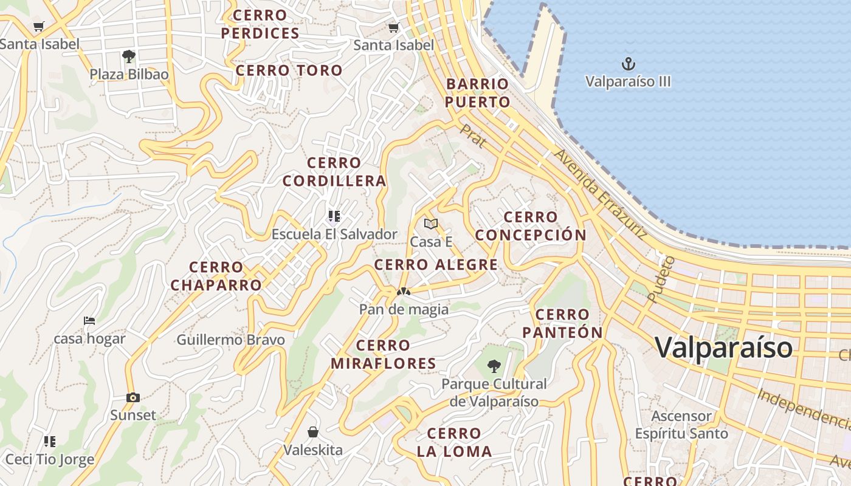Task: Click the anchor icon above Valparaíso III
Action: click(x=628, y=63)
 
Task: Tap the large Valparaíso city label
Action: click(x=724, y=347)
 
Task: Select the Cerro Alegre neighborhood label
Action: click(x=436, y=265)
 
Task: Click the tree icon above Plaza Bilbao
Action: click(x=128, y=56)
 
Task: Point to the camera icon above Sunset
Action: click(x=133, y=397)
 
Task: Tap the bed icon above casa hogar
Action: click(x=89, y=321)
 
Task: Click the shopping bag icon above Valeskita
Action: click(x=313, y=432)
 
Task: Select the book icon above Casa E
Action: click(x=431, y=224)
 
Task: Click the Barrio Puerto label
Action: click(x=477, y=93)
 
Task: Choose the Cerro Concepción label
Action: click(x=531, y=226)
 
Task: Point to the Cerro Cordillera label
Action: click(x=334, y=172)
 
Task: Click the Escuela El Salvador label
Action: click(x=334, y=234)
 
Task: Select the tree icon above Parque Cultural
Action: click(x=494, y=366)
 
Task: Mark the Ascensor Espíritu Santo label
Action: click(x=681, y=425)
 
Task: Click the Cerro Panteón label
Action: click(x=562, y=323)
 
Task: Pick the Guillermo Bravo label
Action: click(x=231, y=340)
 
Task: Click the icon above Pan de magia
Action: click(x=404, y=292)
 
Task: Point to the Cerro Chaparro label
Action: click(x=216, y=276)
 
